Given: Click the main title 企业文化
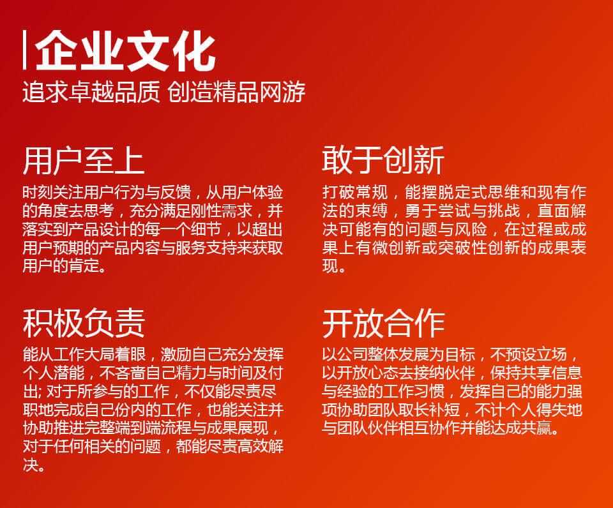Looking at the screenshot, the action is pos(125,50).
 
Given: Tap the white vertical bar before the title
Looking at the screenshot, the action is pos(25,50).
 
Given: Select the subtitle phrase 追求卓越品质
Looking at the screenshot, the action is pos(91,92).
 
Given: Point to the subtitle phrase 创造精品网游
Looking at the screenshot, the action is pos(236,92).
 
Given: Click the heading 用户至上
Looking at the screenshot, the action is pos(84,161).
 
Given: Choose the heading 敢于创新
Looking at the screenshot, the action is pos(383,160).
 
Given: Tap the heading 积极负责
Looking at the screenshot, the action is pos(84,323).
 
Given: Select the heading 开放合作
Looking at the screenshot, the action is pos(383,323).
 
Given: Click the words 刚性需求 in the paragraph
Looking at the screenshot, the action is pos(222,211).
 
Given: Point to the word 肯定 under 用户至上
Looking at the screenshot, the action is pos(84,266).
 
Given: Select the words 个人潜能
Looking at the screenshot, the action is pos(53,373).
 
